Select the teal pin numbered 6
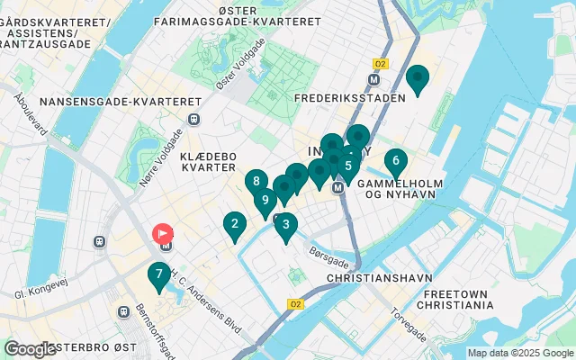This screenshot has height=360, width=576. [394, 163]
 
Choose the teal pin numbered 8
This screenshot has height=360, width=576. [257, 182]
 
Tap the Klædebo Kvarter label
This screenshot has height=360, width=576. [208, 161]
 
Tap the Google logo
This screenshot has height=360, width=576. [30, 349]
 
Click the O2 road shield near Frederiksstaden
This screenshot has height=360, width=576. [380, 64]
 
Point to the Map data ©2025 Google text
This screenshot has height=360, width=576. [519, 353]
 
